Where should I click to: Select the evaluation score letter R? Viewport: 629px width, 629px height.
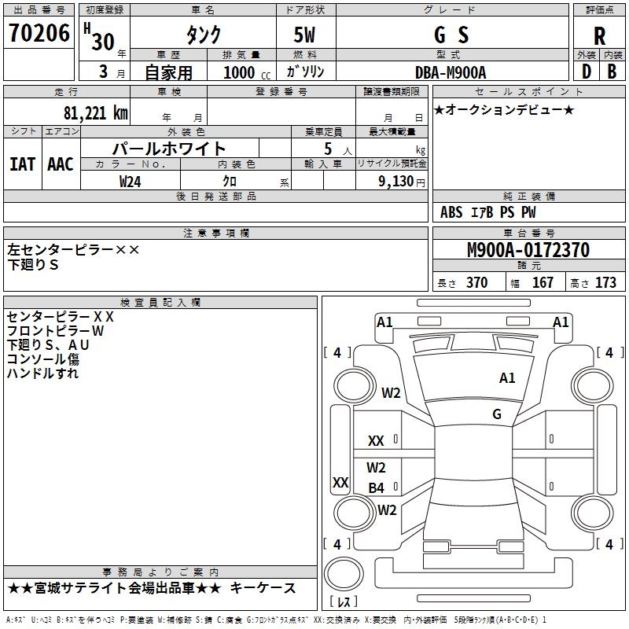tap(599, 35)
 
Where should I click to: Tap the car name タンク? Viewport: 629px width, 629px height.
tap(203, 35)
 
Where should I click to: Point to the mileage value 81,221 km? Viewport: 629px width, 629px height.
tap(95, 112)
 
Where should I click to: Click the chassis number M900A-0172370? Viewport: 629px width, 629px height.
tap(528, 250)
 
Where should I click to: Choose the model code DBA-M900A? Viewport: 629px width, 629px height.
tap(451, 72)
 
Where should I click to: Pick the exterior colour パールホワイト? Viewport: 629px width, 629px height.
tap(169, 149)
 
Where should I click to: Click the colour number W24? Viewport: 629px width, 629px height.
tap(131, 181)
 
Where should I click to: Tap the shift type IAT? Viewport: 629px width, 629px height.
tap(22, 164)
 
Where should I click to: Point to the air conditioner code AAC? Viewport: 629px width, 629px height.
tap(60, 164)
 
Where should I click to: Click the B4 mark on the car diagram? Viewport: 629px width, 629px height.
tap(377, 488)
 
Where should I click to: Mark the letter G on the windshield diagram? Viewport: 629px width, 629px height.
tap(497, 414)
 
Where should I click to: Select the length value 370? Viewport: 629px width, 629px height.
tap(476, 282)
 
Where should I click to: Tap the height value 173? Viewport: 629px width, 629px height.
tap(605, 282)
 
